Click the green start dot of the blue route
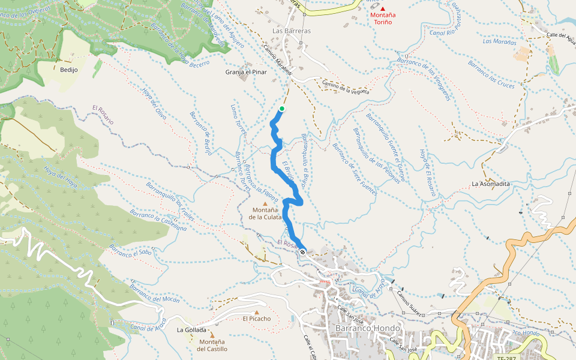click(281, 109)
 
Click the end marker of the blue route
click(302, 252)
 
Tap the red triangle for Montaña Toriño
click(383, 8)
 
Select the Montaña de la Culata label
click(265, 214)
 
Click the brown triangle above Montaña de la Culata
click(265, 203)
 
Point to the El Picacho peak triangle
click(257, 312)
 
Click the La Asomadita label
click(490, 184)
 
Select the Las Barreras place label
click(292, 31)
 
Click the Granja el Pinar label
click(245, 72)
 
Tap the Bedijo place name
click(69, 70)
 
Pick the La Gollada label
click(191, 330)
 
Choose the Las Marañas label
click(499, 42)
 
